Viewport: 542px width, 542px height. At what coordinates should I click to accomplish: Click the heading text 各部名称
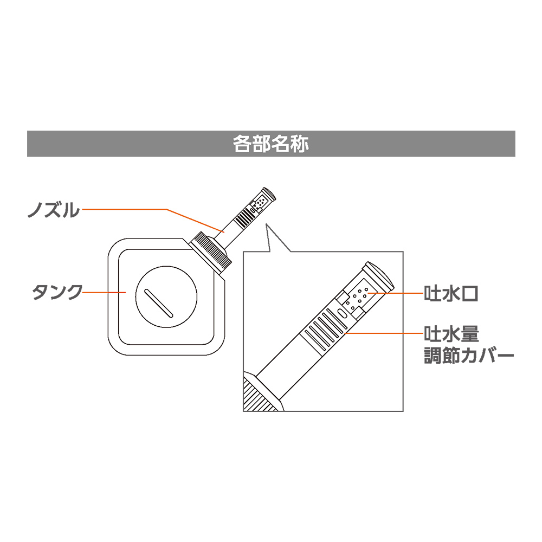(271, 144)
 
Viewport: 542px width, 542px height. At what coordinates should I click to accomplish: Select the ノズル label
(53, 209)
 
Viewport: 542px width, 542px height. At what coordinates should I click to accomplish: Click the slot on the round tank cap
(159, 303)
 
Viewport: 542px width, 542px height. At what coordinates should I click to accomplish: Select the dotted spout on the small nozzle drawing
(260, 203)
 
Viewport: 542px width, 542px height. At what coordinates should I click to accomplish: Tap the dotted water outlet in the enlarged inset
(358, 298)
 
